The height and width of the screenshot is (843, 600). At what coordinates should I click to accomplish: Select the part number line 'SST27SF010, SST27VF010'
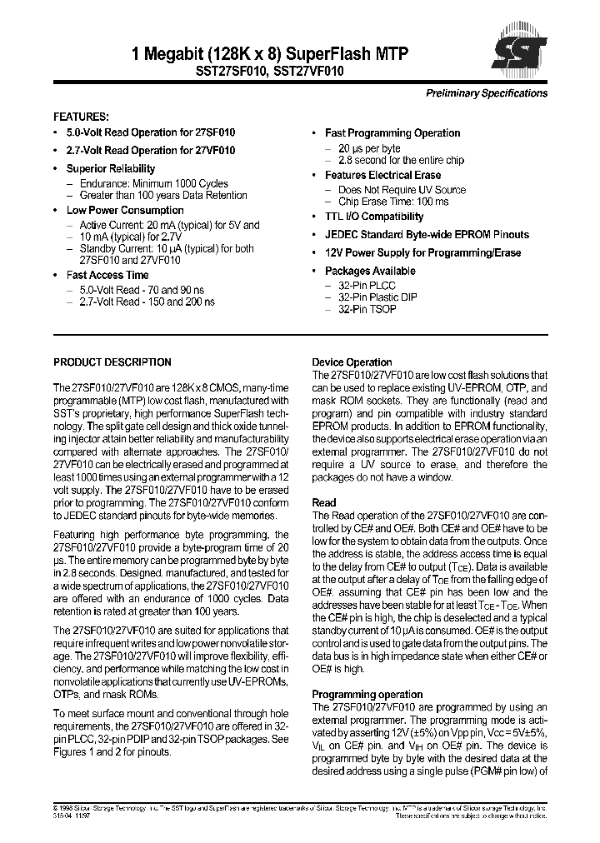click(269, 72)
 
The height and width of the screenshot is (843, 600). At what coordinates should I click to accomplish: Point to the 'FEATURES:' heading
click(81, 117)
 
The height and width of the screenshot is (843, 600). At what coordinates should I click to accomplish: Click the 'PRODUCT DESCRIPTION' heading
click(112, 362)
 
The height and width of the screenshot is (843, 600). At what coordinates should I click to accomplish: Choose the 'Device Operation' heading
click(352, 362)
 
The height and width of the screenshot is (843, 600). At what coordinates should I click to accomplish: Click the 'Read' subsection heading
click(324, 503)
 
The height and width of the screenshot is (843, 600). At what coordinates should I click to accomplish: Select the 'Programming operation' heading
click(367, 695)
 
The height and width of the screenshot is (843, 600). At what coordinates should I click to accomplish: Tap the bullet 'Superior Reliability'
click(110, 169)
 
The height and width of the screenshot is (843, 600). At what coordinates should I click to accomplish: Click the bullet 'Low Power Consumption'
click(125, 211)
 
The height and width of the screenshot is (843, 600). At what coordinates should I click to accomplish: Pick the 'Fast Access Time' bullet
click(107, 275)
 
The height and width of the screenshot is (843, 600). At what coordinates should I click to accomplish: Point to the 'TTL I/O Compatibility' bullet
click(374, 217)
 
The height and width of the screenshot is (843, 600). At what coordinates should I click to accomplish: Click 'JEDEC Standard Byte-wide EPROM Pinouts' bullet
click(427, 235)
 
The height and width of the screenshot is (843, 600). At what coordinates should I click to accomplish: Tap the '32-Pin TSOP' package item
click(367, 309)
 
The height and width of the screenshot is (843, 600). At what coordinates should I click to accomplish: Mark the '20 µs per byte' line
click(367, 147)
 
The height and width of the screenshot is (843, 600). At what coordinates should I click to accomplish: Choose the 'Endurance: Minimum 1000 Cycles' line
click(153, 184)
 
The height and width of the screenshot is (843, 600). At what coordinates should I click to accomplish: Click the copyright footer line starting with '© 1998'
click(300, 809)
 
